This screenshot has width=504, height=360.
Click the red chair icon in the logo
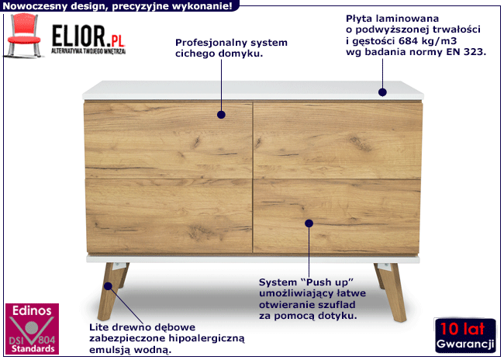24,35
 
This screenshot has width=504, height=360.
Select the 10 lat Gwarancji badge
464,335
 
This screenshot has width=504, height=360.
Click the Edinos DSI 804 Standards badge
32,328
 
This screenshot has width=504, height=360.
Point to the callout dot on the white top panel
382,92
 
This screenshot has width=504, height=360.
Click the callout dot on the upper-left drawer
221,115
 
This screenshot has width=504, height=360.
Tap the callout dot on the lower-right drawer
309,223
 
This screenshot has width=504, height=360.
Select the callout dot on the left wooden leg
108,286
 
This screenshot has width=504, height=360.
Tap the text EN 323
466,52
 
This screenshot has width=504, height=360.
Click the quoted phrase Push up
327,282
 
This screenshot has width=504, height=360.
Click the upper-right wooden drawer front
337,140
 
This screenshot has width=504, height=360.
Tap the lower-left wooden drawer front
169,216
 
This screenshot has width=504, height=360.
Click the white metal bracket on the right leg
385,266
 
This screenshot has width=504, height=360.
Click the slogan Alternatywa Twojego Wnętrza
88,51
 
